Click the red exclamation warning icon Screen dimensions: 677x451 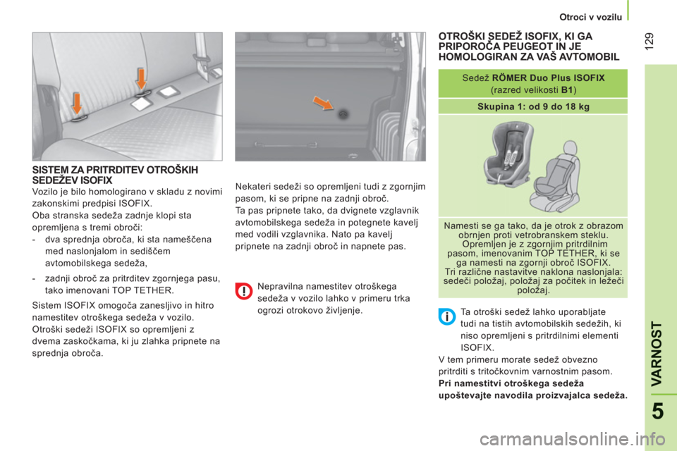pyautogui.click(x=244, y=291)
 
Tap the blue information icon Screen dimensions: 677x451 pyautogui.click(x=447, y=317)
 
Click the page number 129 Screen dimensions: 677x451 pyautogui.click(x=649, y=41)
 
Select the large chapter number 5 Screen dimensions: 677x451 pyautogui.click(x=657, y=411)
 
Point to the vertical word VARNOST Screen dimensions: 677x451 pyautogui.click(x=657, y=354)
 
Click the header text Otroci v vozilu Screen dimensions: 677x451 pyautogui.click(x=591, y=17)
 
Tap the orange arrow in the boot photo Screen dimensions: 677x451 pyautogui.click(x=323, y=103)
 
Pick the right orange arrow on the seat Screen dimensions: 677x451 pyautogui.click(x=141, y=78)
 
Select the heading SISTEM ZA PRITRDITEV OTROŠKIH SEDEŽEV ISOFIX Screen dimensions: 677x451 pyautogui.click(x=115, y=175)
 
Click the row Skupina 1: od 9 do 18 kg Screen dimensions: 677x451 pyautogui.click(x=533, y=106)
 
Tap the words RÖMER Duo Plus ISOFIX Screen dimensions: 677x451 pyautogui.click(x=549, y=78)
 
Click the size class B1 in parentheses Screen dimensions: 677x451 pyautogui.click(x=567, y=90)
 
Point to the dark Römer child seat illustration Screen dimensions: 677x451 pyautogui.click(x=508, y=153)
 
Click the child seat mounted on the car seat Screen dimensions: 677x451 pyautogui.click(x=555, y=177)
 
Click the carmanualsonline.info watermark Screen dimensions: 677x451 pyautogui.click(x=573, y=440)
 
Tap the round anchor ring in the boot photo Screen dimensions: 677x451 pyautogui.click(x=343, y=114)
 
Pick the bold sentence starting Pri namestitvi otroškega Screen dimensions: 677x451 pyautogui.click(x=533, y=389)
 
